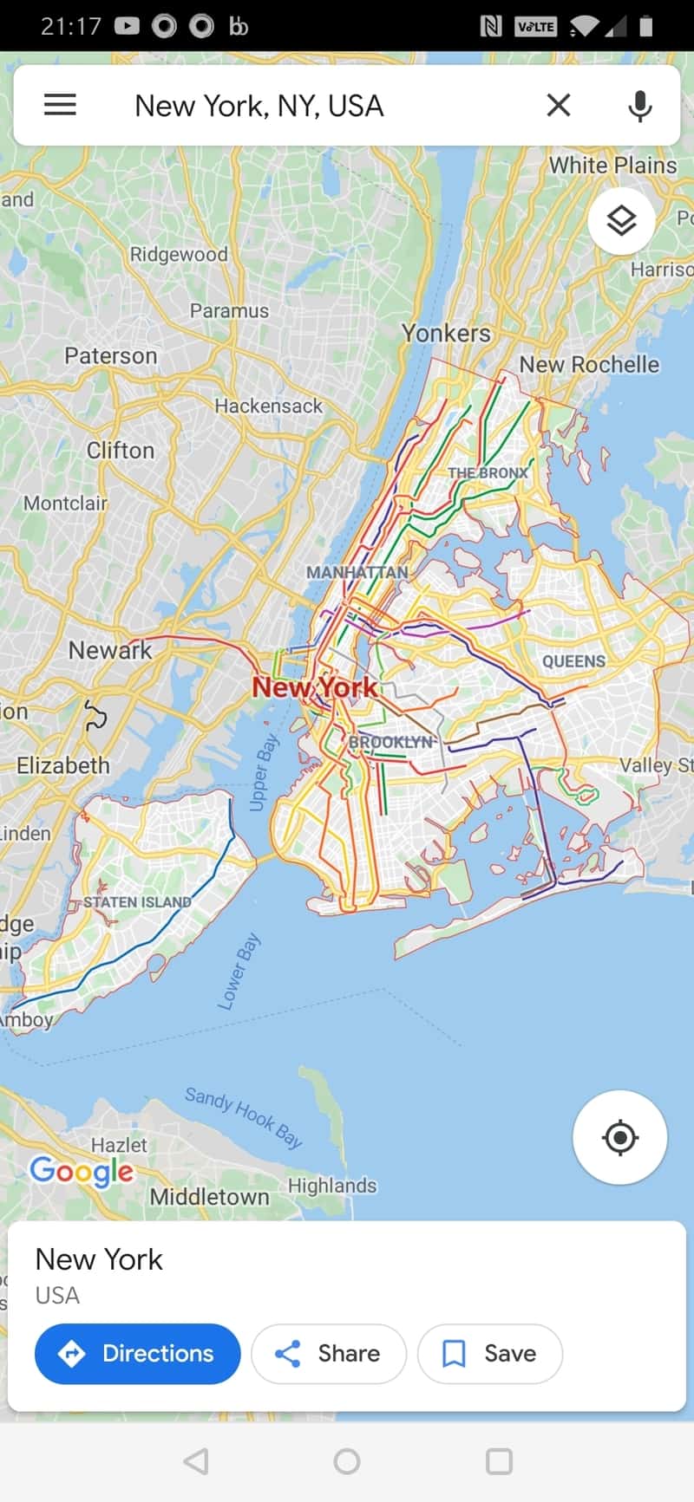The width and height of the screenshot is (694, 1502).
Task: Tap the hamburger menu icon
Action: tap(60, 105)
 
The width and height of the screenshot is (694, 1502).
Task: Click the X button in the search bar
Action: tap(559, 105)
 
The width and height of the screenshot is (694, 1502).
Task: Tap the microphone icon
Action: tap(640, 106)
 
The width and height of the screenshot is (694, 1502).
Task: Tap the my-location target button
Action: tap(619, 1137)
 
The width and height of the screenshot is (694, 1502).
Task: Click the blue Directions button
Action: tap(137, 1353)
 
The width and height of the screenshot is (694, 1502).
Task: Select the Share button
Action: tap(328, 1353)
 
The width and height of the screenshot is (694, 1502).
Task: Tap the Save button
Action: tap(490, 1353)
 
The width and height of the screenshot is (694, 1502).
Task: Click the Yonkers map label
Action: tap(446, 333)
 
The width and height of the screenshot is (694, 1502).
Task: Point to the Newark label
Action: tap(110, 650)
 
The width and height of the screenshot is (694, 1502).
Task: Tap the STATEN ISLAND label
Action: tap(137, 902)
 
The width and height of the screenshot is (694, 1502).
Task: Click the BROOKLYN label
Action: tap(390, 742)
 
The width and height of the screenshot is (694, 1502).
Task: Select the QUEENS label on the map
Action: tap(573, 661)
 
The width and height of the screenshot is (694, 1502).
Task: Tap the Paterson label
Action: tap(111, 355)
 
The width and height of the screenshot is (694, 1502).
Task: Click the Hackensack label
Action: tap(268, 406)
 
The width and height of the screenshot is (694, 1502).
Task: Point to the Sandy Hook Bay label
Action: tap(244, 1117)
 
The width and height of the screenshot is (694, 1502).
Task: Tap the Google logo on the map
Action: tap(82, 1171)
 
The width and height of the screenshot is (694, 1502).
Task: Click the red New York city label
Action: tap(314, 687)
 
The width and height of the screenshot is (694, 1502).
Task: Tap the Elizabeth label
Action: tap(63, 765)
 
